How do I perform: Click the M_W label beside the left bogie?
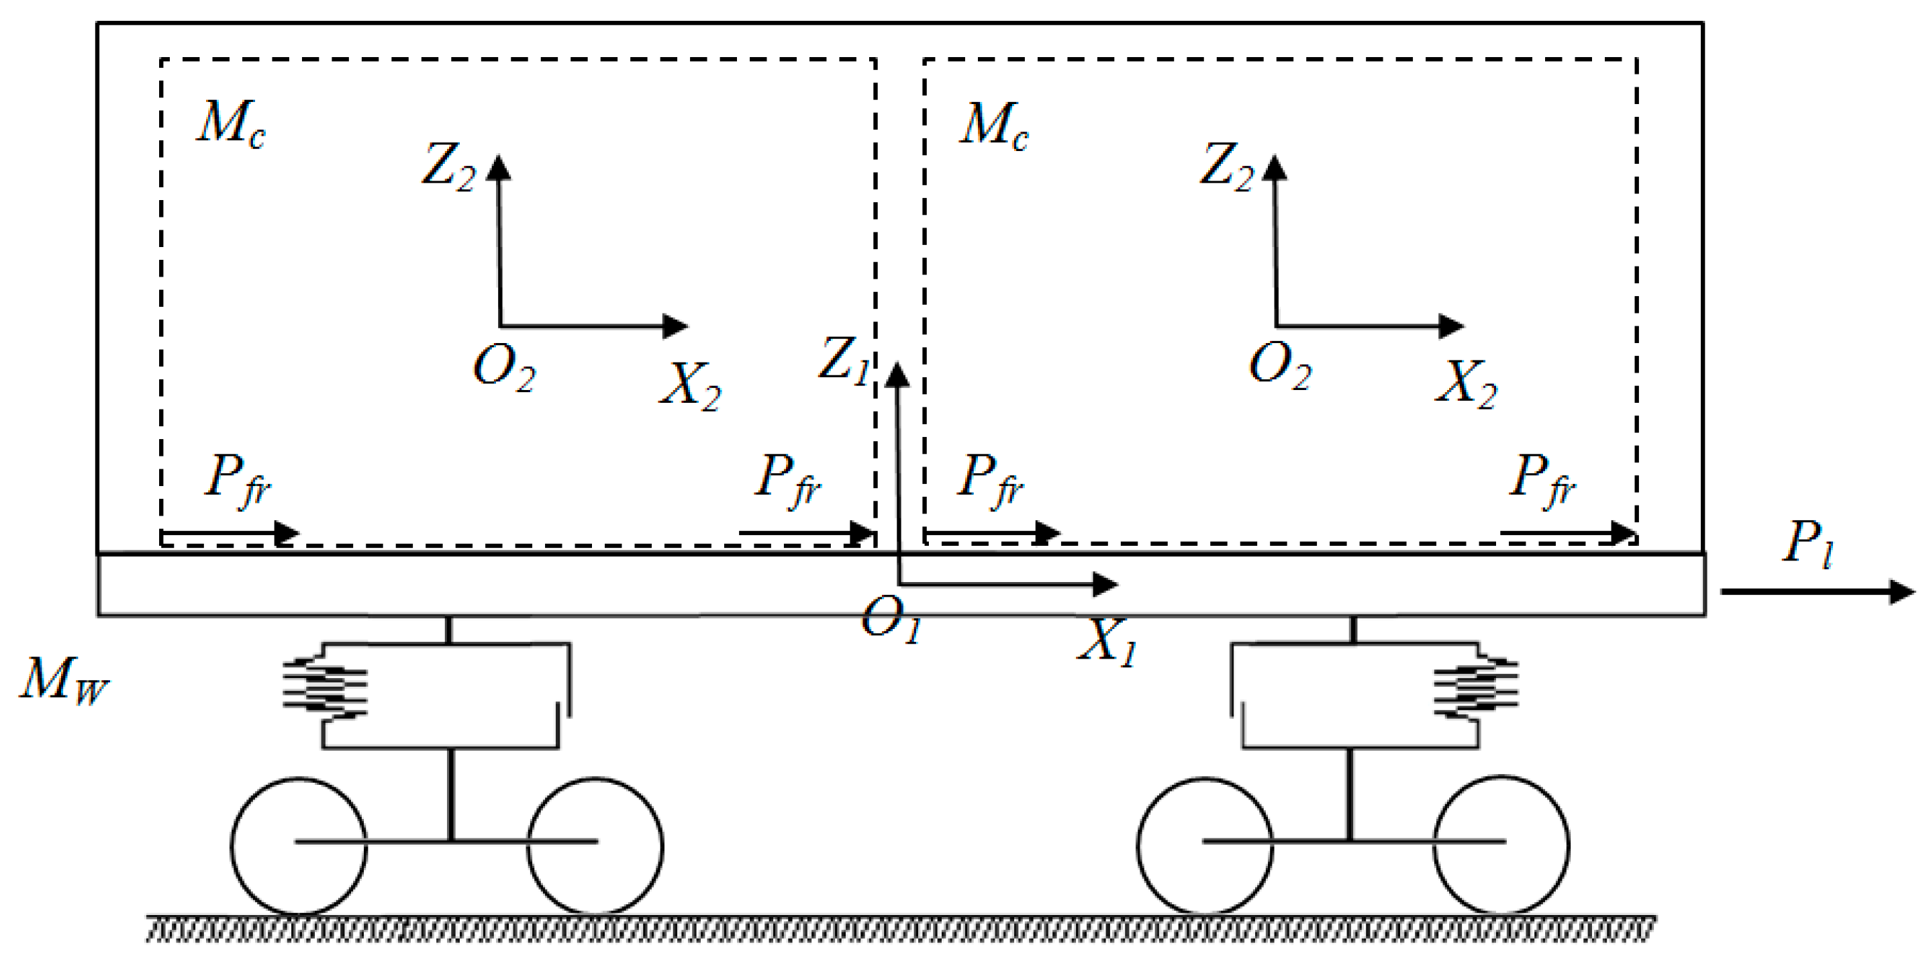[x=64, y=680]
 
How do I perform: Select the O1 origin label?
[x=891, y=622]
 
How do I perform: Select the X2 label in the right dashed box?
[x=1465, y=385]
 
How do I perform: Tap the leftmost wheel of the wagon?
[x=299, y=847]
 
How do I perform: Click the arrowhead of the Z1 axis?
[x=897, y=375]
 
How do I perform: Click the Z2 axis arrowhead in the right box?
[x=1274, y=166]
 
